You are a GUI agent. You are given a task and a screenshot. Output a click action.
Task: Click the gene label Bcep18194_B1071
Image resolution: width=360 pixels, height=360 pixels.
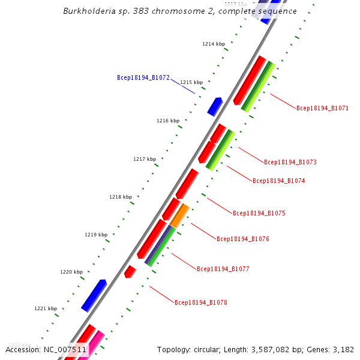(x=322, y=108)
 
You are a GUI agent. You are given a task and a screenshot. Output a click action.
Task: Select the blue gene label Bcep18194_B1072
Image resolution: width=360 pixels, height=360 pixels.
(x=143, y=78)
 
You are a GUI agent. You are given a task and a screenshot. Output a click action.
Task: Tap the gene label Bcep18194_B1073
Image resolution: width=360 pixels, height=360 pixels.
(x=290, y=162)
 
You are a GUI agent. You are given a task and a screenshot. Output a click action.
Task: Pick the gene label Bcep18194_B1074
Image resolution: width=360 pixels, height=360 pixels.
(x=278, y=181)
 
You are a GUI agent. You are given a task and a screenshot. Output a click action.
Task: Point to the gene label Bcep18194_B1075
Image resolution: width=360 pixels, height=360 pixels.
(x=259, y=213)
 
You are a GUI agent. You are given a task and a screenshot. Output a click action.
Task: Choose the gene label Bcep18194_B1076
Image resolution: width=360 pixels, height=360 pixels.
(x=242, y=239)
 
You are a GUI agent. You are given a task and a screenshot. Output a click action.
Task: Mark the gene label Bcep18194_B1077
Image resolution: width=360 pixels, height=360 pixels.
(x=223, y=269)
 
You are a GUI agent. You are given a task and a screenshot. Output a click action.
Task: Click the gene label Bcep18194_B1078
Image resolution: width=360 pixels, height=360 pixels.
(x=200, y=302)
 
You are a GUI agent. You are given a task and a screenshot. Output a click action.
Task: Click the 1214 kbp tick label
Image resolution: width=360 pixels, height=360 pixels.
(x=214, y=44)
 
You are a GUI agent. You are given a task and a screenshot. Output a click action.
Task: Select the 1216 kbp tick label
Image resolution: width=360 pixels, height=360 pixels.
(x=168, y=121)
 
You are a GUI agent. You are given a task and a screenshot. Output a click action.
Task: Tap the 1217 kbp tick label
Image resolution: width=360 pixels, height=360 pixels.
(x=145, y=159)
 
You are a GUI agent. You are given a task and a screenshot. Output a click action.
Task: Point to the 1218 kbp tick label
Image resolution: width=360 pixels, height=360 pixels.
(x=121, y=197)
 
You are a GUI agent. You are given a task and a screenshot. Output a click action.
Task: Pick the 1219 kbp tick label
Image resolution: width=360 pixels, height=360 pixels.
(x=96, y=235)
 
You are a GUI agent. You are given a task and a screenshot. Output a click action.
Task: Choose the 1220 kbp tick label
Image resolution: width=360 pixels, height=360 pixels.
(x=71, y=272)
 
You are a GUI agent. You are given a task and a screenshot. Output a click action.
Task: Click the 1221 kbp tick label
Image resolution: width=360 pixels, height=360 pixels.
(x=46, y=308)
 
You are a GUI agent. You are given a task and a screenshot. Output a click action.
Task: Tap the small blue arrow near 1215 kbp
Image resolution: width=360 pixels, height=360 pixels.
(x=215, y=106)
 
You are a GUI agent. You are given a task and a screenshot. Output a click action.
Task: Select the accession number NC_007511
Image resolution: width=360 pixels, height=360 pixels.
(x=64, y=349)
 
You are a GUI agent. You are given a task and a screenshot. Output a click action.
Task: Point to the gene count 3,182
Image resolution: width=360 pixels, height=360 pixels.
(x=343, y=349)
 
